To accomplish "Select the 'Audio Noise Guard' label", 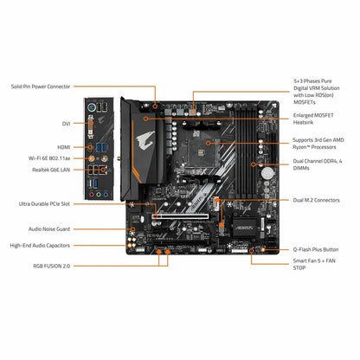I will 35,228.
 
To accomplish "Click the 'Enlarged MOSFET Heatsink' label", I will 317,119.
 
